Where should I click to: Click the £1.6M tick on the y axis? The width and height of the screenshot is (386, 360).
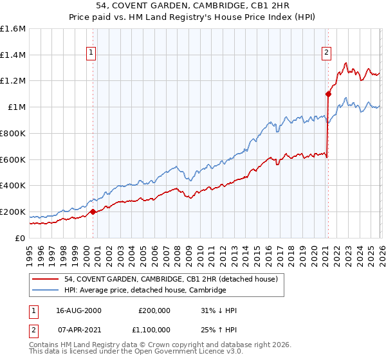13,29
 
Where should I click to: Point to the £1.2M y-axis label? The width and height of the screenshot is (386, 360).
13,81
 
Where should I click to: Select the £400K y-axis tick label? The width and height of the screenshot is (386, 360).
13,186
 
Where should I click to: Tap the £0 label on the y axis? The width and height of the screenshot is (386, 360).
21,238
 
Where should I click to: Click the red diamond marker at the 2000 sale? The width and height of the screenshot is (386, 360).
93,212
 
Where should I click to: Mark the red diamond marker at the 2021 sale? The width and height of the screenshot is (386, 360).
327,94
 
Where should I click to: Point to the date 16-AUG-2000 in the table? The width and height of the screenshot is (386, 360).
78,310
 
